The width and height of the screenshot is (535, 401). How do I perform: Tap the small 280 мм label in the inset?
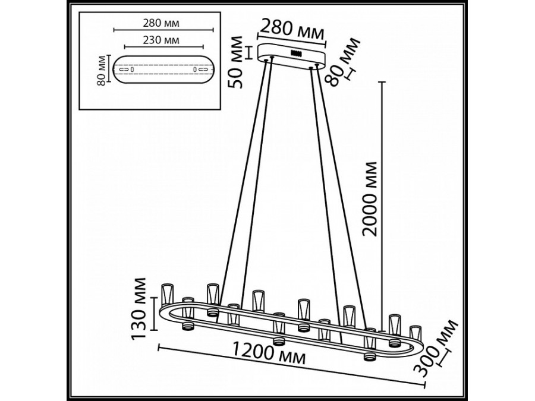pos(161,23)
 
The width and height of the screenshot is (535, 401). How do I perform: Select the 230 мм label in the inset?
pos(162,40)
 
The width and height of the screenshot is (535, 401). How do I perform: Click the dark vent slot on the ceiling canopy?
pos(295,53)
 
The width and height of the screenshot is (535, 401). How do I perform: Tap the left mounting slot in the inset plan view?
pos(126,71)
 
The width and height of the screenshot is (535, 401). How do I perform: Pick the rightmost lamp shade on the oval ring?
pos(415,331)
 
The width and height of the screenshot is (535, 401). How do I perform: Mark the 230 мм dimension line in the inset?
pos(162,47)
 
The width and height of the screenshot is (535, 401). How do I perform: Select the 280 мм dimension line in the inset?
pos(162,30)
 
